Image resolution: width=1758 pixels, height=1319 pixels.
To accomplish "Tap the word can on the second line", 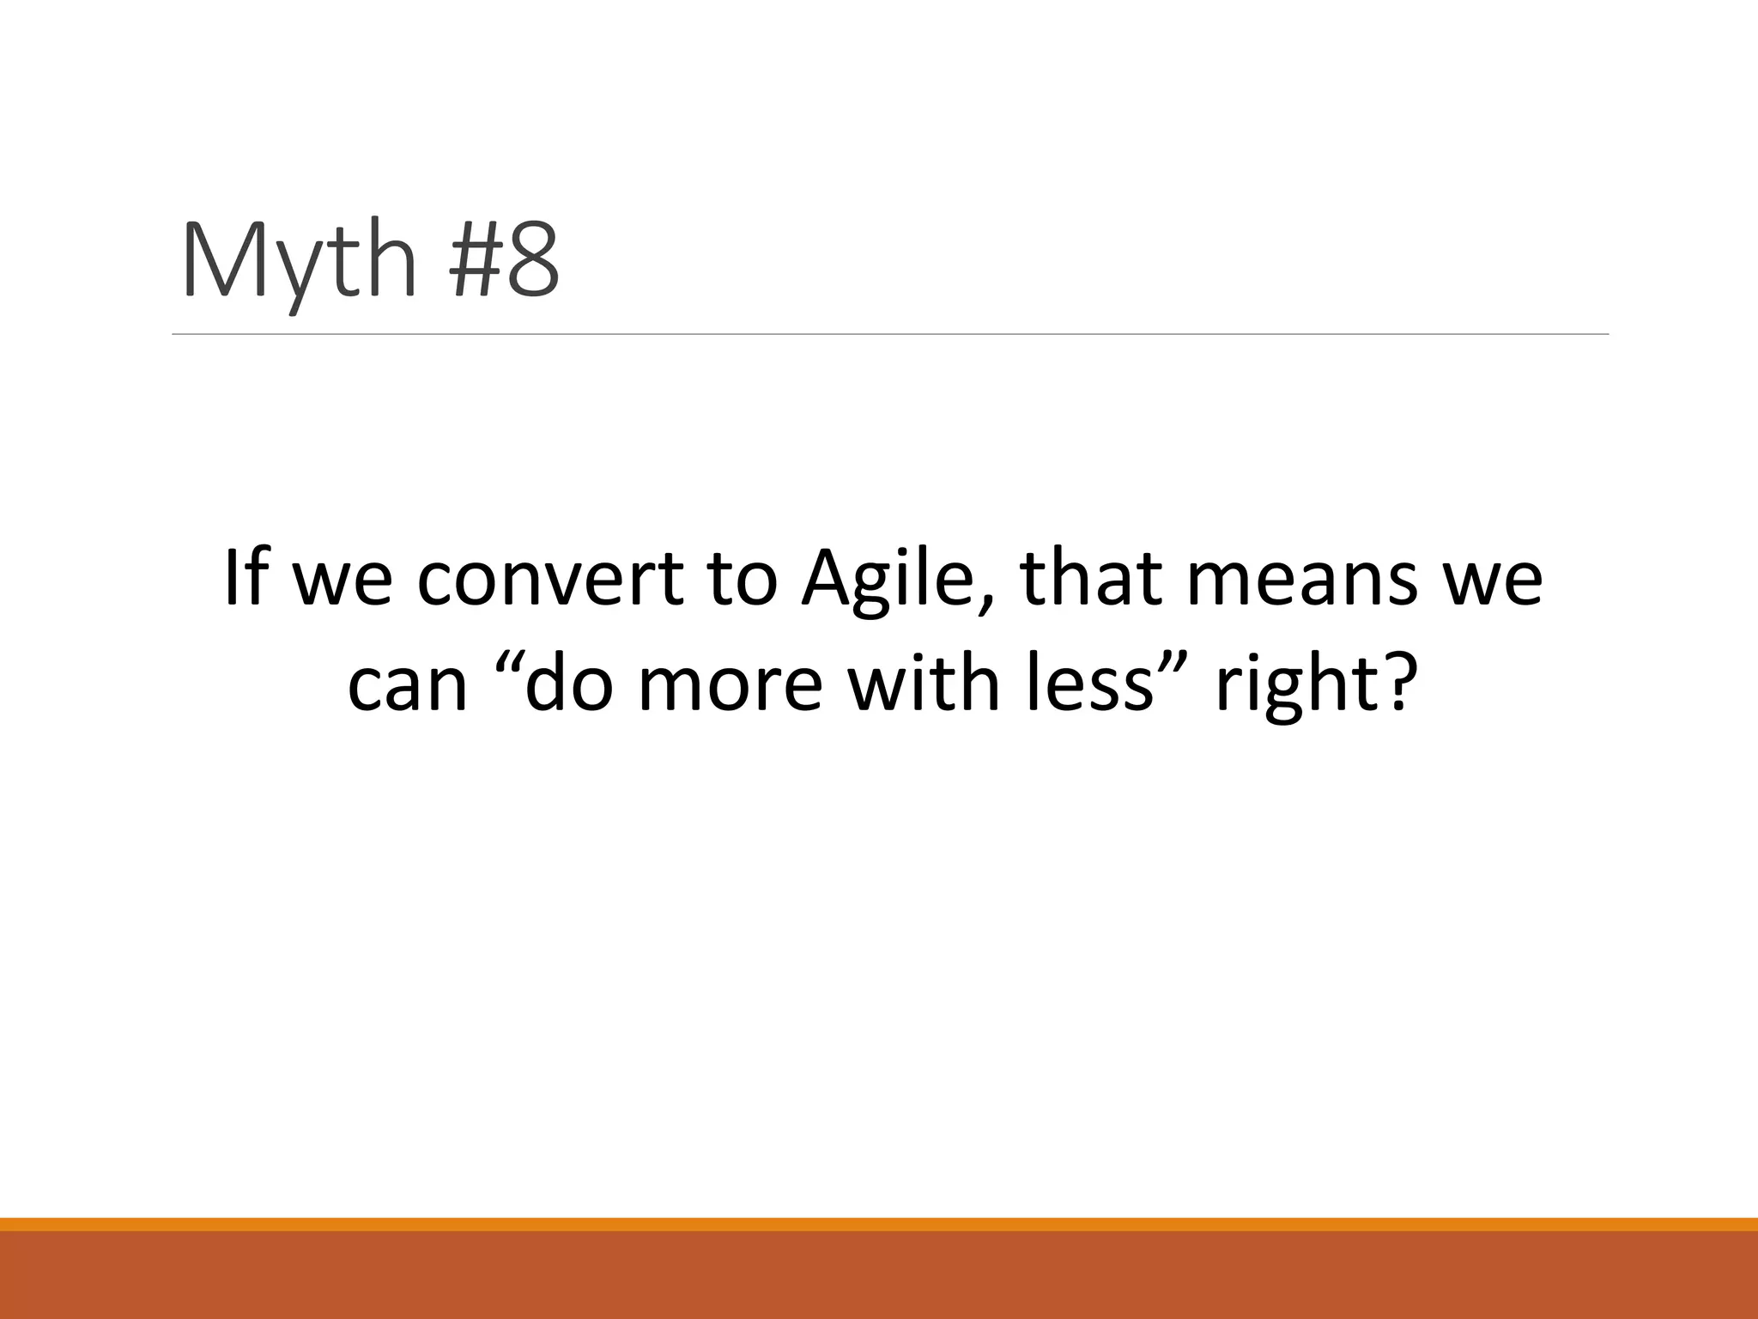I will (407, 687).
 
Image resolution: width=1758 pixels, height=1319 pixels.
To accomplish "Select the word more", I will (730, 687).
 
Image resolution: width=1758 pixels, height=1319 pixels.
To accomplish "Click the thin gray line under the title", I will (890, 334).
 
